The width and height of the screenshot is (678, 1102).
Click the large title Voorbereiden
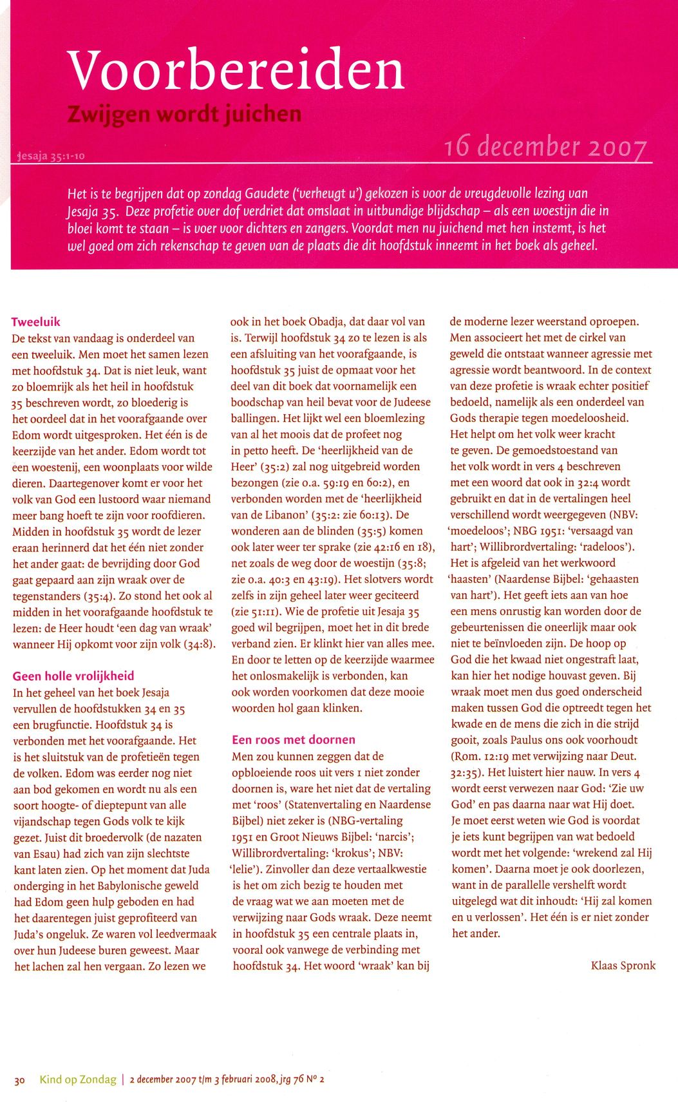(x=236, y=70)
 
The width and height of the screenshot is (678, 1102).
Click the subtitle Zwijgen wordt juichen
(x=184, y=114)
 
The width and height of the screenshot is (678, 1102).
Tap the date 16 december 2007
(x=545, y=147)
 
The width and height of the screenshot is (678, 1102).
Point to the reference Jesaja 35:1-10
(x=51, y=156)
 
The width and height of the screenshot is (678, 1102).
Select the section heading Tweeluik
(x=35, y=322)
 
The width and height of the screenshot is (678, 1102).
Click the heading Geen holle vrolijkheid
(x=73, y=676)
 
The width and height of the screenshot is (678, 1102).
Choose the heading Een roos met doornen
(x=294, y=739)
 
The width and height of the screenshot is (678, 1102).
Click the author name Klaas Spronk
(x=623, y=965)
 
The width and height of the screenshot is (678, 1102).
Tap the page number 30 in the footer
(x=19, y=1080)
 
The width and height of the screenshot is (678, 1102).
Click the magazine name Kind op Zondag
(x=78, y=1079)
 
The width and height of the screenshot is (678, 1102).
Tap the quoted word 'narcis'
(x=395, y=837)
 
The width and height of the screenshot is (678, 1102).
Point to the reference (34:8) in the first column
(x=200, y=644)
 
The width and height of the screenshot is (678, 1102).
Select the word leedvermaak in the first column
(x=184, y=934)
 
